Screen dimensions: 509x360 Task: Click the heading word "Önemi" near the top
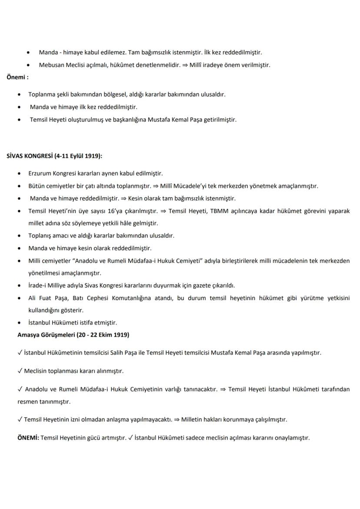[16, 78]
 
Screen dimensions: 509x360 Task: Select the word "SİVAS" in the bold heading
[16, 156]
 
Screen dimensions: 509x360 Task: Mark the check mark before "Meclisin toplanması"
[20, 371]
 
